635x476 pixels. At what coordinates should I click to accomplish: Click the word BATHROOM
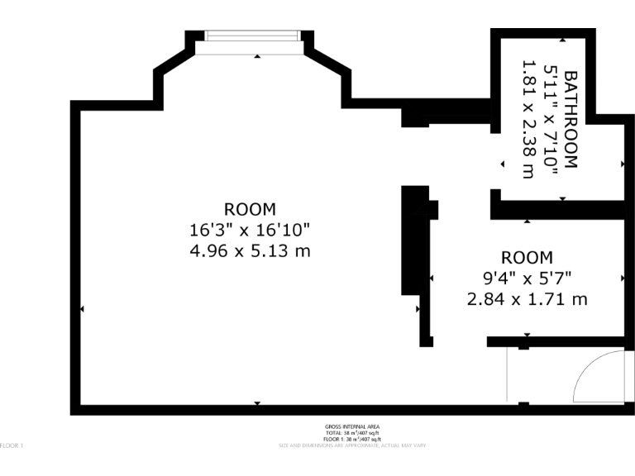[570, 121]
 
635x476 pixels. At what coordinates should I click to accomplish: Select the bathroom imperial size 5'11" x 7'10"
[548, 121]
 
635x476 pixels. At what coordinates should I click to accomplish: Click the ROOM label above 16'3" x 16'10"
[250, 209]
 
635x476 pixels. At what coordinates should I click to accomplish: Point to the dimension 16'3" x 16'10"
[250, 229]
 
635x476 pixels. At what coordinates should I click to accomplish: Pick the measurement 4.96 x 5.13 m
[250, 250]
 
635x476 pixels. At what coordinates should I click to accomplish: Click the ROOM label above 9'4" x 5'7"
[527, 258]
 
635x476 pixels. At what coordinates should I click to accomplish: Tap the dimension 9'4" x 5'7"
[527, 278]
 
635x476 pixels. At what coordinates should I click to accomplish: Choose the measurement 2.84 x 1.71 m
[527, 298]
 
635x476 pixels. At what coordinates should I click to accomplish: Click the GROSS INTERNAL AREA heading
[352, 426]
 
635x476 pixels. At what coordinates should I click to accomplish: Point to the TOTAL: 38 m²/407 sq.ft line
[352, 433]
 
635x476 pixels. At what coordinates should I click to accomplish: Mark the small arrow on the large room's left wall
[82, 309]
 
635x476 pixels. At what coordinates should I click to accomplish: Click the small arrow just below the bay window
[257, 56]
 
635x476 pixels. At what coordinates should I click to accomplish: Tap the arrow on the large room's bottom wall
[257, 402]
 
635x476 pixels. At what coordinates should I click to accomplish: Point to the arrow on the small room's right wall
[622, 278]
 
